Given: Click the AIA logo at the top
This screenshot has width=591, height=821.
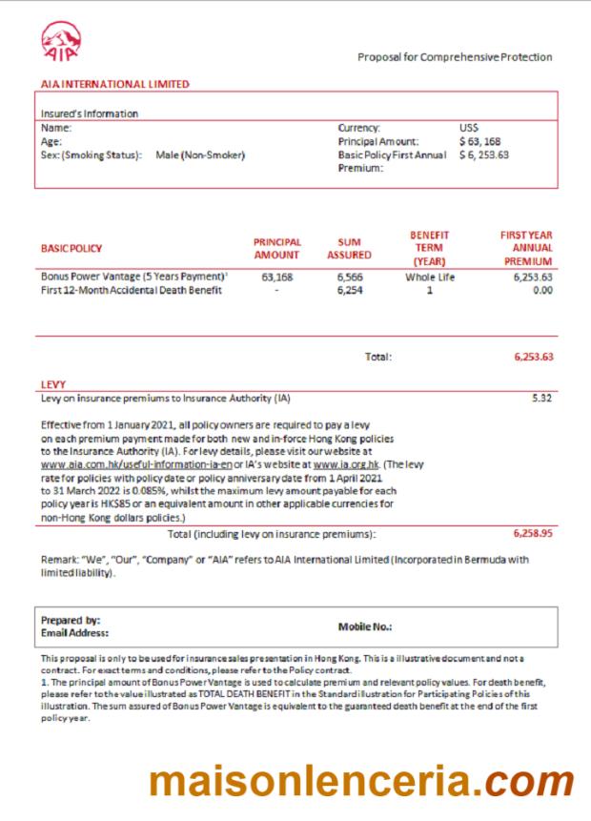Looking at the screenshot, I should pyautogui.click(x=62, y=41).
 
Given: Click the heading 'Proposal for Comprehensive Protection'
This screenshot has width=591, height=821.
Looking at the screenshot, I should pyautogui.click(x=455, y=57).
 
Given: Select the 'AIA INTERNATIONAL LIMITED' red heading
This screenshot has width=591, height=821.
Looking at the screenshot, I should pyautogui.click(x=114, y=84).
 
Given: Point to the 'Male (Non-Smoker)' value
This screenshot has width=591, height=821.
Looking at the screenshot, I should pyautogui.click(x=200, y=155).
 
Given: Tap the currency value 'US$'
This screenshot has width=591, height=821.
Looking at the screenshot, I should pyautogui.click(x=469, y=127).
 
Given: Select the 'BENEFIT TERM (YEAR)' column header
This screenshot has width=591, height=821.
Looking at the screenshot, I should pyautogui.click(x=429, y=248).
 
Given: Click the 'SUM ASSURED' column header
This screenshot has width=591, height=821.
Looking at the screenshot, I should pyautogui.click(x=349, y=249).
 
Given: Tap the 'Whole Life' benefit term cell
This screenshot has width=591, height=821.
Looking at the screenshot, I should pyautogui.click(x=429, y=277).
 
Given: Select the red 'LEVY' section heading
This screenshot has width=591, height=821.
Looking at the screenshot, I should pyautogui.click(x=53, y=384).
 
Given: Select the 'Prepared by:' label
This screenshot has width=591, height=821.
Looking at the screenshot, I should pyautogui.click(x=70, y=620).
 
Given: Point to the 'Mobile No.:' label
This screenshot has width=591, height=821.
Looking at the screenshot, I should pyautogui.click(x=365, y=626).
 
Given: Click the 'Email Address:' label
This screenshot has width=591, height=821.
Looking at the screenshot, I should pyautogui.click(x=74, y=632).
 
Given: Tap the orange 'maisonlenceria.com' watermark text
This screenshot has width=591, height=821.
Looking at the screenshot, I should pyautogui.click(x=361, y=782).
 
